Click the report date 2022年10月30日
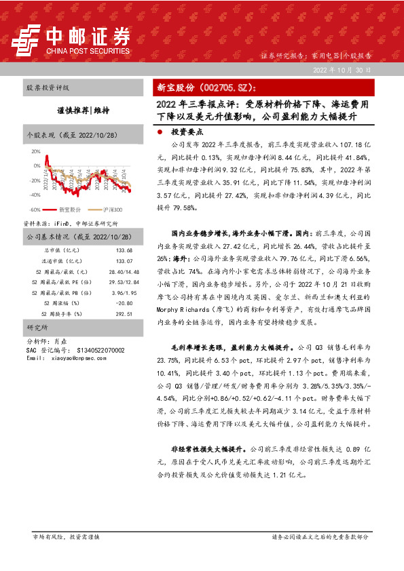click(342, 71)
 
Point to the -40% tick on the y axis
click(35, 194)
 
